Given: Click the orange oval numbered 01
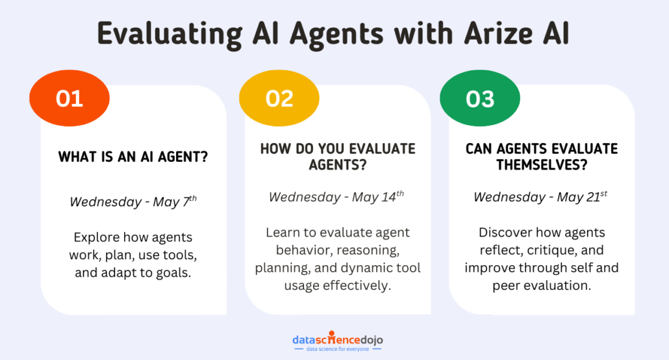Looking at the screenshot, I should coord(69,99).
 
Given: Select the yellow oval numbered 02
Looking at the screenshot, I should coord(279,99).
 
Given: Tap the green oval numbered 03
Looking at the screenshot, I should coord(480,99).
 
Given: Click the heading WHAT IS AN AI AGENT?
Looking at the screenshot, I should coord(133,157).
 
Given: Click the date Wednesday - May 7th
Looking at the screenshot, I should coord(133,201).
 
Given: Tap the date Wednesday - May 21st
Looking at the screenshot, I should coord(541,196).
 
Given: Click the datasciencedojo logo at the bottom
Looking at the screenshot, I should coord(337,339).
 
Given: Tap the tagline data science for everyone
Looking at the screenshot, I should coord(337,350).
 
